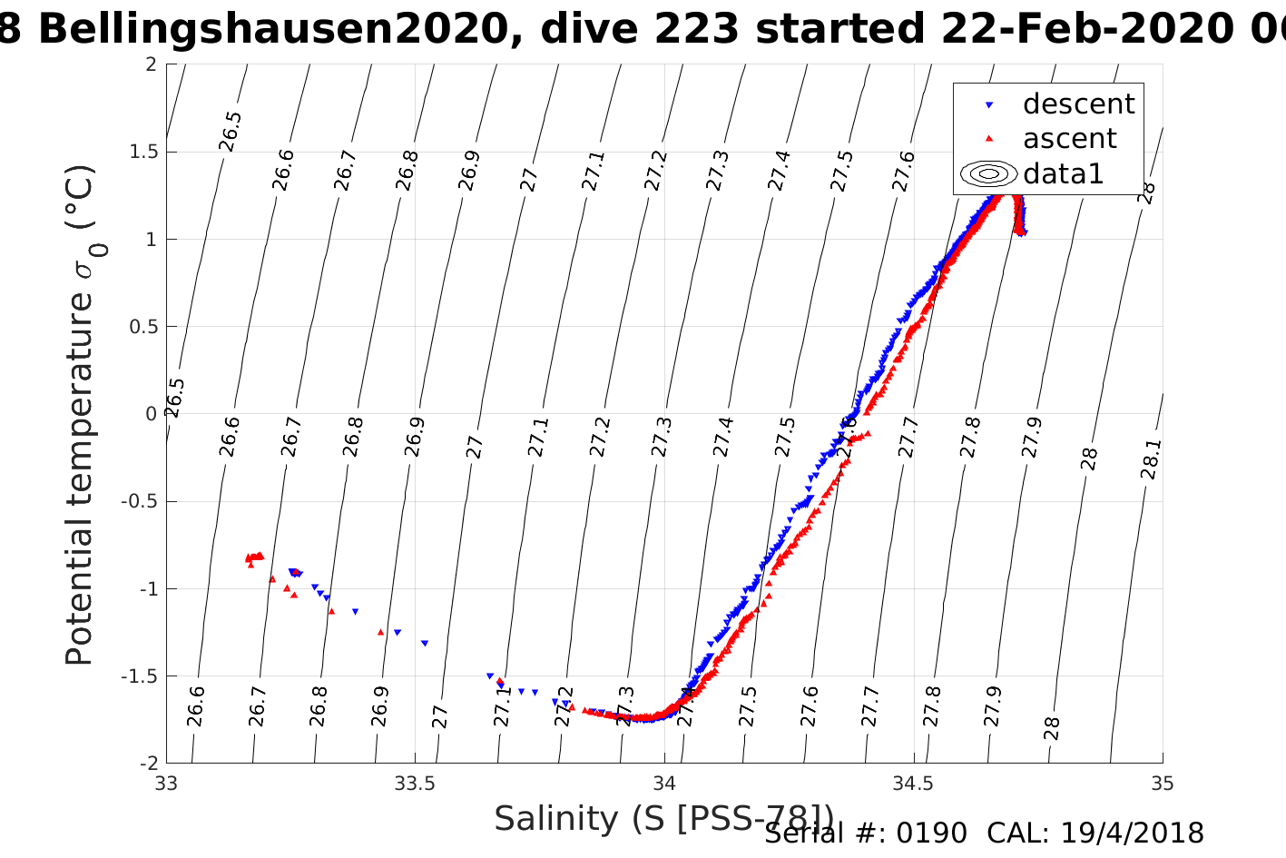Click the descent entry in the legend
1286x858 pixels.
[1078, 104]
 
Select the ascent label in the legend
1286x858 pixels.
[1069, 139]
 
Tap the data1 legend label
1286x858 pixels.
[1063, 173]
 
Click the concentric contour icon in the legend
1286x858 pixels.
[988, 173]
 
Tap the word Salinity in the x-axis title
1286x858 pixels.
[555, 819]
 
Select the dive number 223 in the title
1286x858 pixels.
[700, 30]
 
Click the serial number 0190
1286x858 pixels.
[932, 833]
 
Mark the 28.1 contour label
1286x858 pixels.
[1150, 459]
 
